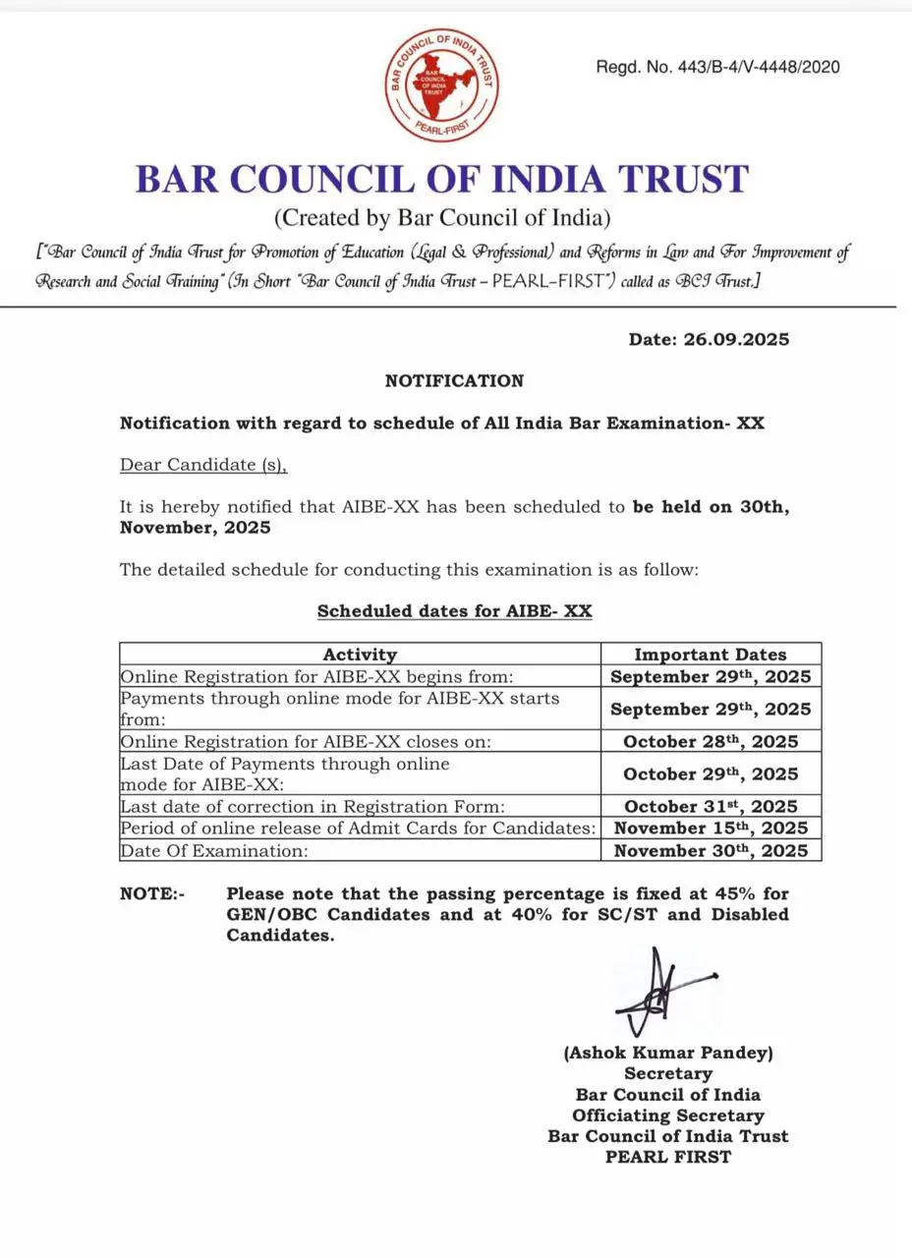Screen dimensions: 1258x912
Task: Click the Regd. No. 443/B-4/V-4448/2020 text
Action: tap(717, 67)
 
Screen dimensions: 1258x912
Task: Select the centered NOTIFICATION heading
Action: tap(454, 380)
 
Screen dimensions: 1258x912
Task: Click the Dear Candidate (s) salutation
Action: tap(203, 464)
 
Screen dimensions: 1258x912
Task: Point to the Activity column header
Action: tap(360, 654)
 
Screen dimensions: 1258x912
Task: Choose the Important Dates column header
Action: tap(710, 654)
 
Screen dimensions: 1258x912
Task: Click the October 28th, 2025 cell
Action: tap(710, 741)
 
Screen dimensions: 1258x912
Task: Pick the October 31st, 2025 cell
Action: tap(710, 807)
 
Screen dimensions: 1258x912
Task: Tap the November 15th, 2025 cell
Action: tap(710, 829)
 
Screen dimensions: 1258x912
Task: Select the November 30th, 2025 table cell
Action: tap(710, 851)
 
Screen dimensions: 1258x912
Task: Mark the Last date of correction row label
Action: tap(313, 807)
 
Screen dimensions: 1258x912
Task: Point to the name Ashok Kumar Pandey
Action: tap(668, 1053)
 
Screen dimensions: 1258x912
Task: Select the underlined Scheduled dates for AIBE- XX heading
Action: tap(454, 610)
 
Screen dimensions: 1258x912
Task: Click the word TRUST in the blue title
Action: tap(676, 180)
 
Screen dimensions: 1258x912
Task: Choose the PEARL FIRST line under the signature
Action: tap(668, 1157)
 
